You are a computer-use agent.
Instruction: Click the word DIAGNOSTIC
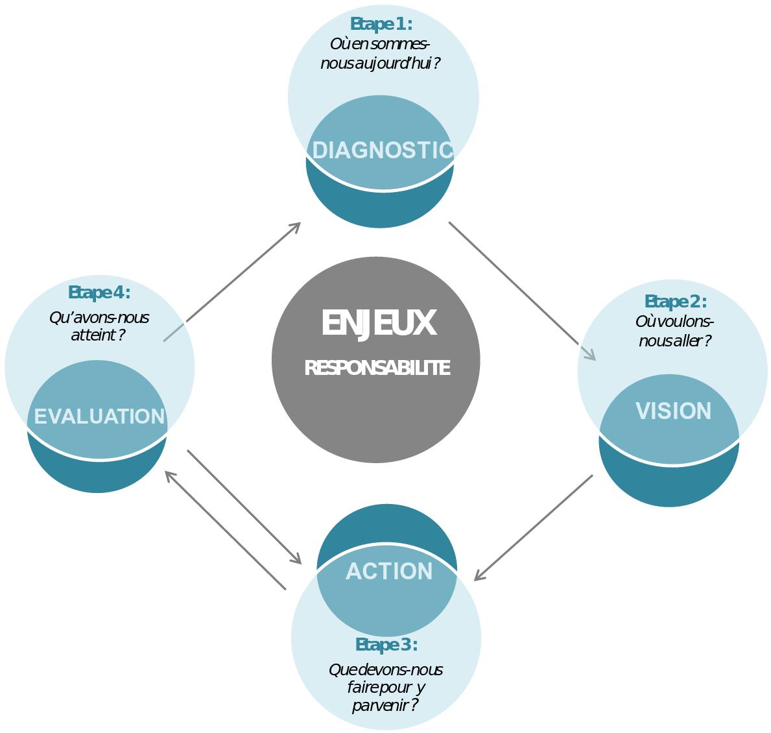click(382, 150)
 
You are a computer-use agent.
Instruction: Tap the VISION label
click(673, 411)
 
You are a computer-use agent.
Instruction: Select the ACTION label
click(389, 571)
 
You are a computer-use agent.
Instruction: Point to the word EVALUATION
click(99, 416)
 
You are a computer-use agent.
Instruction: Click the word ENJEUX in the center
click(378, 323)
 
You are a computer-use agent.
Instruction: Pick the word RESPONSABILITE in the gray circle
click(377, 368)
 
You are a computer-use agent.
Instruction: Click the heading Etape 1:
click(381, 24)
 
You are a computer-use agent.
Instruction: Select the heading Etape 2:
click(675, 302)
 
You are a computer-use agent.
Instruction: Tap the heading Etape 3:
click(386, 645)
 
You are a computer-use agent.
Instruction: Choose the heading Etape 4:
click(99, 293)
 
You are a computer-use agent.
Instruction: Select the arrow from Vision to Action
click(534, 527)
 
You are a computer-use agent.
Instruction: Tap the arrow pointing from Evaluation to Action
click(244, 506)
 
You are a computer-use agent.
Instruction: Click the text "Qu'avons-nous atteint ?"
click(99, 326)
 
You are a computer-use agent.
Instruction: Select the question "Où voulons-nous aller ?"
click(674, 331)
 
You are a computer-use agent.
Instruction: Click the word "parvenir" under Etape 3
click(377, 705)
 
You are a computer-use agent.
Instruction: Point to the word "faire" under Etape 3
click(361, 687)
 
